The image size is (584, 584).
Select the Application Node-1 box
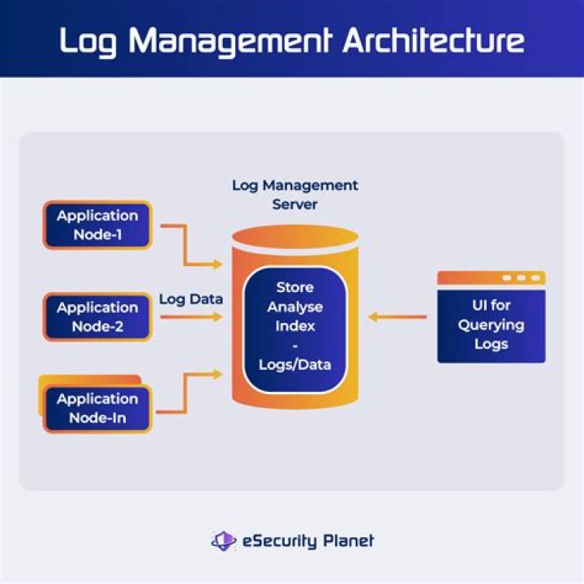(97, 225)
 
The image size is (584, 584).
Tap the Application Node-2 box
(97, 316)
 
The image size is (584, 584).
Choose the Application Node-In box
(97, 408)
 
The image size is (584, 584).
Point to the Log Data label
(191, 298)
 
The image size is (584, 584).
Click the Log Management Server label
(294, 195)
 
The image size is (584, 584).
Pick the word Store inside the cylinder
(294, 287)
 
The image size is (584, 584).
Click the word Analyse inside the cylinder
(294, 307)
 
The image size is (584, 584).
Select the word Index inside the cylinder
(294, 326)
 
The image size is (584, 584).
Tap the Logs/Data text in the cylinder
(294, 365)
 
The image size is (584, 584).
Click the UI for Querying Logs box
(491, 324)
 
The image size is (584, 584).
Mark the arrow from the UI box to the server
(397, 316)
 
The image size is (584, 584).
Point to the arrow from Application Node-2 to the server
(191, 316)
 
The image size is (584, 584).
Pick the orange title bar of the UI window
(491, 277)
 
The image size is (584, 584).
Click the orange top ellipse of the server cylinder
(294, 238)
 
